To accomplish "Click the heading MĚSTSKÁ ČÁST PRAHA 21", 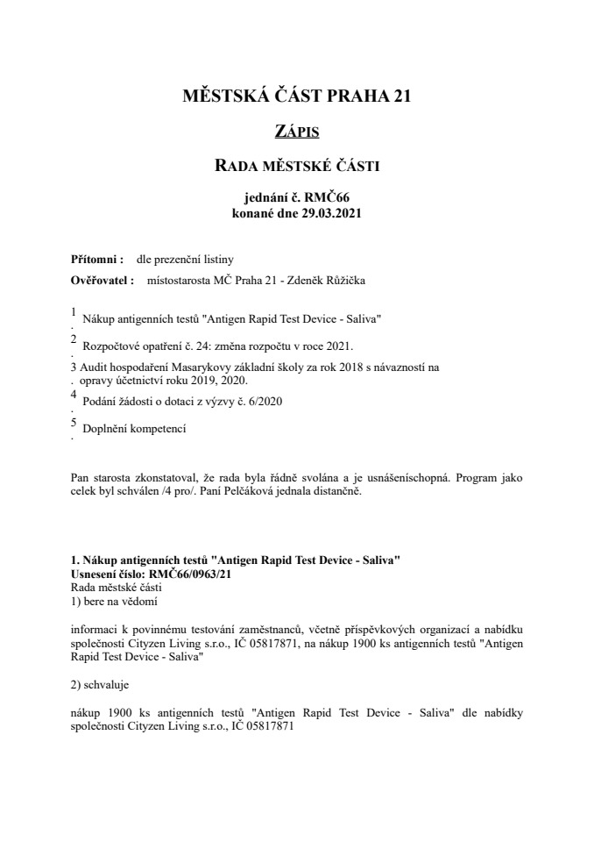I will coord(296,96).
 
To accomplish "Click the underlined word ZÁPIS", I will coord(296,132).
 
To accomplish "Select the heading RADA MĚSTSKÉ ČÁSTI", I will coord(296,164).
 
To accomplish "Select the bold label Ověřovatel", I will coord(101,281).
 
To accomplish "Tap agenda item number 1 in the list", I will coord(74,310).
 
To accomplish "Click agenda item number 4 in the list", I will coord(74,396).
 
